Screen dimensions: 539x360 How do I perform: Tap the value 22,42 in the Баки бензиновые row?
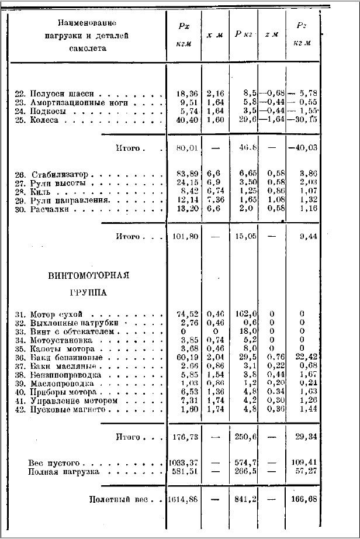point(302,357)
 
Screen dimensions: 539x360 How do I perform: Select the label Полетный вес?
point(117,500)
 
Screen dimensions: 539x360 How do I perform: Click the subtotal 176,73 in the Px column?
point(185,437)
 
